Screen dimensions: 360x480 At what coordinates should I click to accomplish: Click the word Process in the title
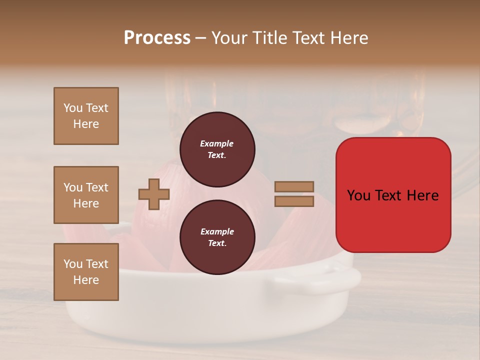pyautogui.click(x=157, y=38)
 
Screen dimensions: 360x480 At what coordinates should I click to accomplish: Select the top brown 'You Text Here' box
pyautogui.click(x=86, y=116)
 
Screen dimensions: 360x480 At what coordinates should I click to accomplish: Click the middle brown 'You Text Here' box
pyautogui.click(x=86, y=195)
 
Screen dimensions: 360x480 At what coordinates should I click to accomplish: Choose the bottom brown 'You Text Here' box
pyautogui.click(x=86, y=272)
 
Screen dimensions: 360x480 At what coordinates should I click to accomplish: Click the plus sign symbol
pyautogui.click(x=153, y=194)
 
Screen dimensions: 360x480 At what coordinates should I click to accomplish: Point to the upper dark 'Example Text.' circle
pyautogui.click(x=217, y=149)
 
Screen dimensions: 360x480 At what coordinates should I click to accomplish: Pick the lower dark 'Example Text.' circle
pyautogui.click(x=217, y=237)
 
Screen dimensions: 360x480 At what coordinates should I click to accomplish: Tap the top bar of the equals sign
pyautogui.click(x=294, y=187)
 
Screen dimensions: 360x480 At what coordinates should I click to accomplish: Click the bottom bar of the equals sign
pyautogui.click(x=294, y=201)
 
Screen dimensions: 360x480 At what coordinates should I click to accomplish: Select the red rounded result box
pyautogui.click(x=393, y=195)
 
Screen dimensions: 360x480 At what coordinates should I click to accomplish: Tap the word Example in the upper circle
pyautogui.click(x=217, y=143)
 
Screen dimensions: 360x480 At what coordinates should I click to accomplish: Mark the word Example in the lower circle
pyautogui.click(x=217, y=231)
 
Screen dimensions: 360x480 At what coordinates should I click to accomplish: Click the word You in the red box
pyautogui.click(x=358, y=195)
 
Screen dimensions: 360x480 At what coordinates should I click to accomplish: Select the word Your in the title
pyautogui.click(x=229, y=38)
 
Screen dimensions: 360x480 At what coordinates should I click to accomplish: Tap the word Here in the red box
pyautogui.click(x=423, y=195)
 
